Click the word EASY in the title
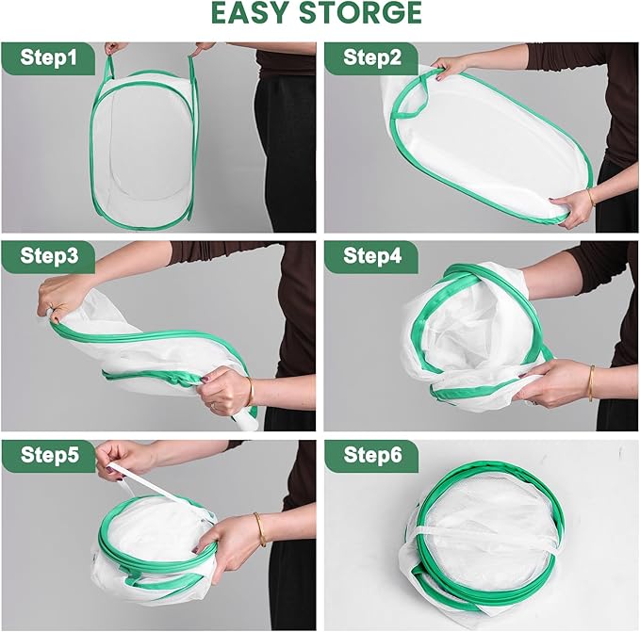pyautogui.click(x=251, y=12)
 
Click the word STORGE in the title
pyautogui.click(x=361, y=12)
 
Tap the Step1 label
pyautogui.click(x=49, y=57)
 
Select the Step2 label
pyautogui.click(x=372, y=57)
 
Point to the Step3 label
pyautogui.click(x=49, y=256)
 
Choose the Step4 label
pyautogui.click(x=372, y=256)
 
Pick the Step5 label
pyautogui.click(x=49, y=455)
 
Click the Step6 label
pyautogui.click(x=372, y=455)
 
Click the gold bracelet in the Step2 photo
pyautogui.click(x=591, y=198)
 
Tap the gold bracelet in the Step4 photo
pyautogui.click(x=591, y=383)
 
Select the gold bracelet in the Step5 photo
pyautogui.click(x=260, y=529)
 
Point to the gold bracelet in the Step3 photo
pyautogui.click(x=250, y=392)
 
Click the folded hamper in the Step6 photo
pyautogui.click(x=484, y=541)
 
